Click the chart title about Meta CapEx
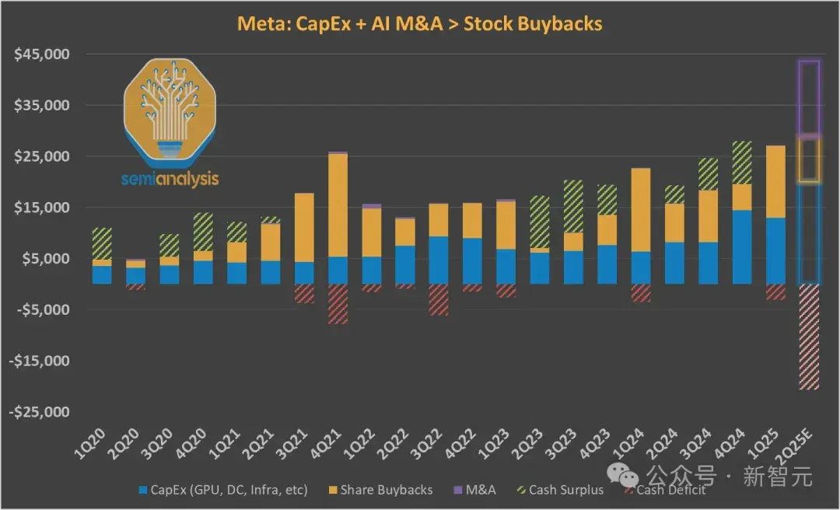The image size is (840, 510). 419,24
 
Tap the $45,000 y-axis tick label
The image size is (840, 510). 42,54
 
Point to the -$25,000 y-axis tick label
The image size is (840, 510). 39,412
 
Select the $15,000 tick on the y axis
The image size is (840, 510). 42,208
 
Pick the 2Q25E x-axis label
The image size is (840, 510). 794,446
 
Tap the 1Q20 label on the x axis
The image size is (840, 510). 89,444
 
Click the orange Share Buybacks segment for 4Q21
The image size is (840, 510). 338,205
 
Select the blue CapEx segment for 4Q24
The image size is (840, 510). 742,247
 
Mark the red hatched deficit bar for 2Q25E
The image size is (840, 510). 809,337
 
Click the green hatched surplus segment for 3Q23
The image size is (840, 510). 573,206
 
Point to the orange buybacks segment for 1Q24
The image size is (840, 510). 641,210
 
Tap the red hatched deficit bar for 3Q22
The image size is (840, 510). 439,299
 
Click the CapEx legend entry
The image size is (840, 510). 223,490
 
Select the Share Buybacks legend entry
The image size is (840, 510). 381,490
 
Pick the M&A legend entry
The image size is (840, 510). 474,490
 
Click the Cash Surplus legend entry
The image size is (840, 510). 560,490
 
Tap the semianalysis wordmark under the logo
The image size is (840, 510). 170,178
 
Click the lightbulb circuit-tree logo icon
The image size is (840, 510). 170,111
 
